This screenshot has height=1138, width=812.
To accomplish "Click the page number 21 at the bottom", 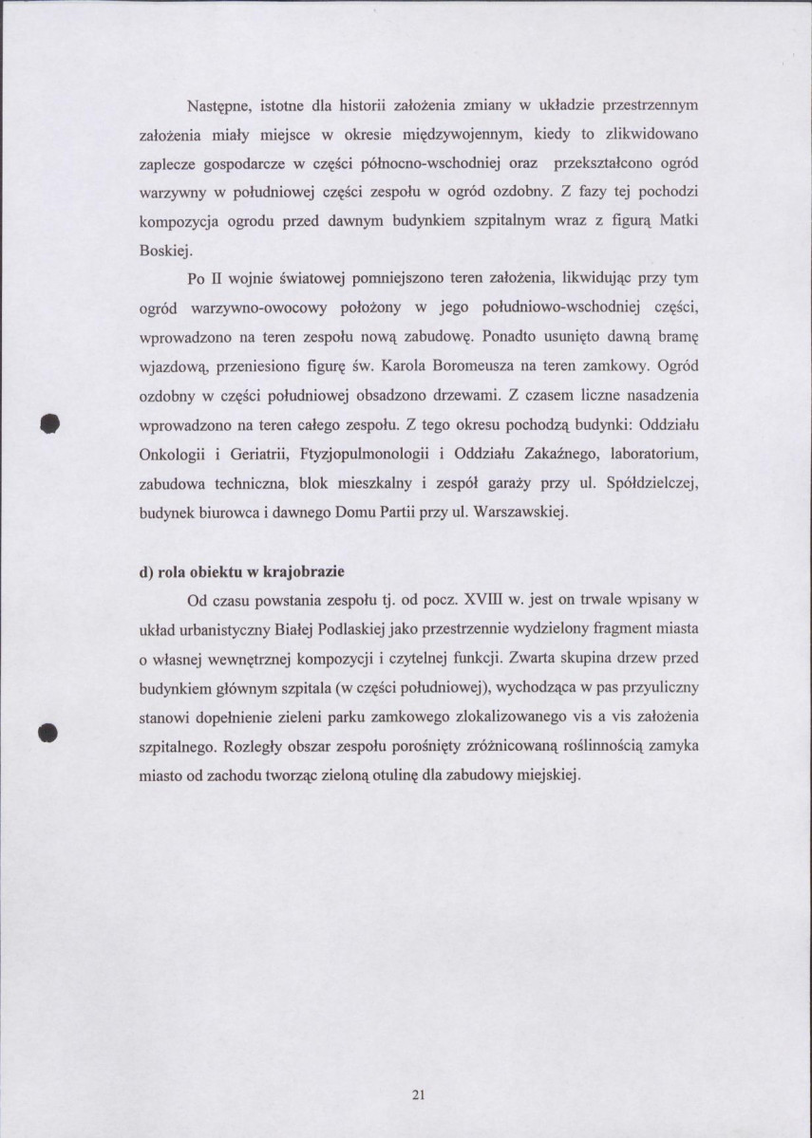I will pyautogui.click(x=418, y=1095).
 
